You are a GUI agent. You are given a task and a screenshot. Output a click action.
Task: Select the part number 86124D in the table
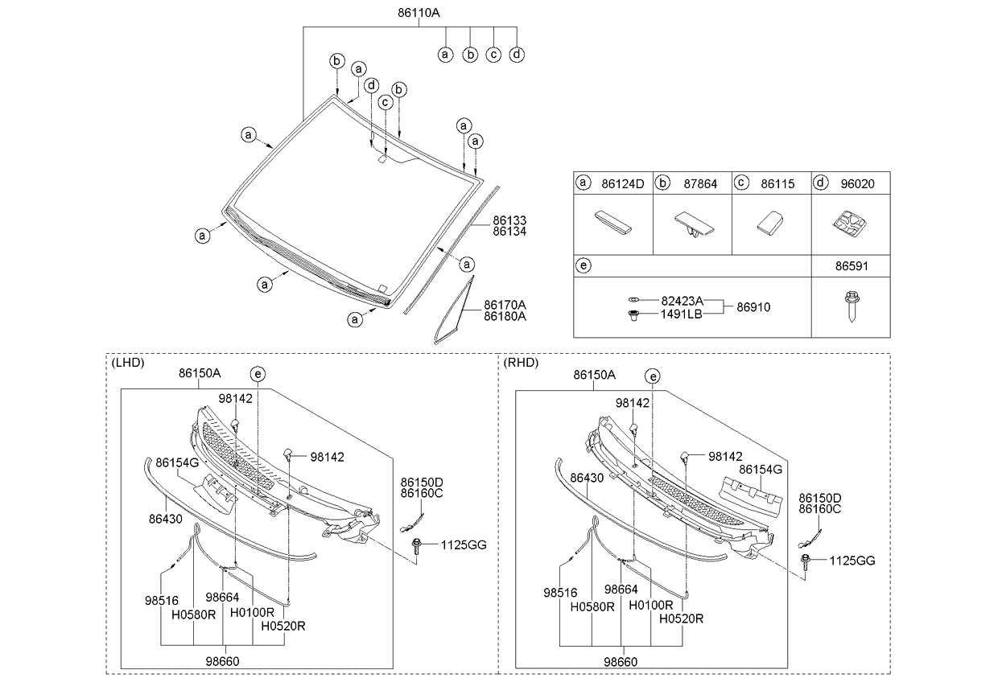click(x=622, y=184)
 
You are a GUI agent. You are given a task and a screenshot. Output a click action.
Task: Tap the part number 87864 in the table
click(x=701, y=184)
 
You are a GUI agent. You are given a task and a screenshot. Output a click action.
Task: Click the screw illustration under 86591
click(x=851, y=306)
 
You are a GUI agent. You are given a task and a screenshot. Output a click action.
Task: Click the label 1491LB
click(x=681, y=314)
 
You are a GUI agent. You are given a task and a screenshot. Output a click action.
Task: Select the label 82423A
click(x=681, y=300)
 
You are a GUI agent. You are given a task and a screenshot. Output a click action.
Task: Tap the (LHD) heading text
click(x=128, y=362)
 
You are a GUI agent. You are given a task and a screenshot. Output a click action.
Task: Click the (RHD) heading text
click(x=521, y=362)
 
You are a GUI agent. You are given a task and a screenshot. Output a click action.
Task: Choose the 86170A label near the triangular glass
click(x=505, y=305)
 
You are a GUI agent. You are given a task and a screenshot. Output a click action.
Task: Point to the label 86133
click(x=509, y=220)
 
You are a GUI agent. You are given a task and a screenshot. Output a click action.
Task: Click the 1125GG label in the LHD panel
click(x=464, y=545)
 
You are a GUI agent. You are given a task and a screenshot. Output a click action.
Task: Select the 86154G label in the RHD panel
click(x=760, y=468)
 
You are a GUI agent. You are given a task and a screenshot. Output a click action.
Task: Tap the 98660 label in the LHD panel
click(x=223, y=661)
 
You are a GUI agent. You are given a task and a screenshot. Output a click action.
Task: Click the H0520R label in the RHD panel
click(x=681, y=618)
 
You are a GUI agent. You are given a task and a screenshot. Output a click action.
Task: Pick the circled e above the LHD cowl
click(x=258, y=373)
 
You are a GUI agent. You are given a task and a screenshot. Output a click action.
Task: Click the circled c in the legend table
click(x=741, y=184)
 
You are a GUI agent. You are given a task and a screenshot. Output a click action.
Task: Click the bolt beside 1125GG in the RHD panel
click(x=805, y=561)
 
